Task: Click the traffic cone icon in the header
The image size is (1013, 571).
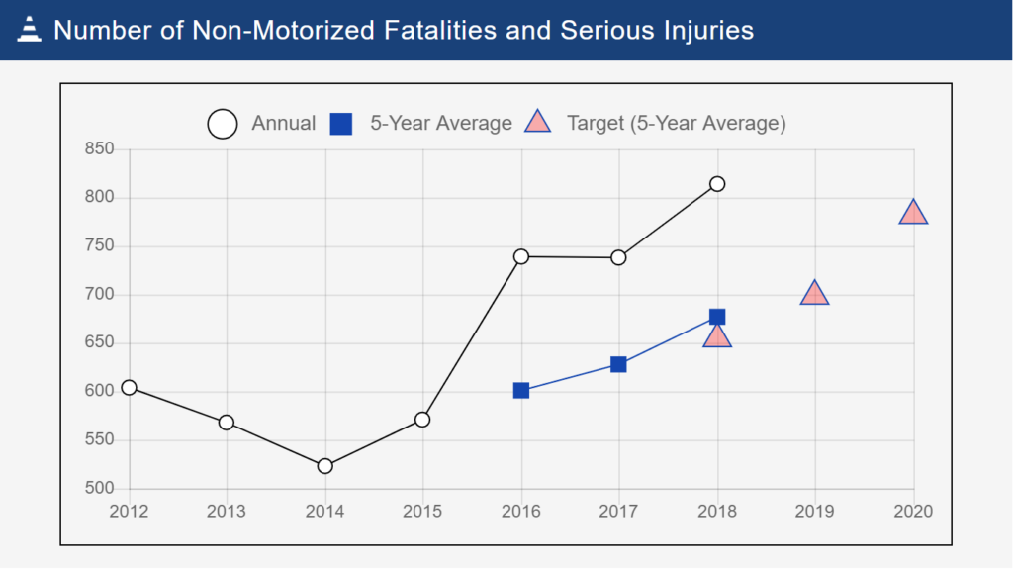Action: point(30,30)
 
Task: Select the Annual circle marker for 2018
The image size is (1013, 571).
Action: point(717,184)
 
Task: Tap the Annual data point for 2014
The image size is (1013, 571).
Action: point(324,466)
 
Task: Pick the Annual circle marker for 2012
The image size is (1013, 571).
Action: point(129,388)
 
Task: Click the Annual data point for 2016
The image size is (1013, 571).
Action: point(521,256)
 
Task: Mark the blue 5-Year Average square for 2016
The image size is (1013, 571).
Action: point(521,391)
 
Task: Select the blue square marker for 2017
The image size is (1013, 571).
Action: point(618,365)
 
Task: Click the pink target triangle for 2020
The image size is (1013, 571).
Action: point(913,213)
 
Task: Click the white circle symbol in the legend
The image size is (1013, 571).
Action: point(223,125)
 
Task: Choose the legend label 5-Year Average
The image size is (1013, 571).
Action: point(440,124)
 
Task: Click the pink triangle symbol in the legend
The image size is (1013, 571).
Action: point(537,124)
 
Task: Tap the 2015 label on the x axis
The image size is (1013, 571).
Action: point(422,512)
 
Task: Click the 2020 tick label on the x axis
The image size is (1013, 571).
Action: point(912,512)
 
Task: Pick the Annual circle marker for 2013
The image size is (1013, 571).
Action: point(227,423)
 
